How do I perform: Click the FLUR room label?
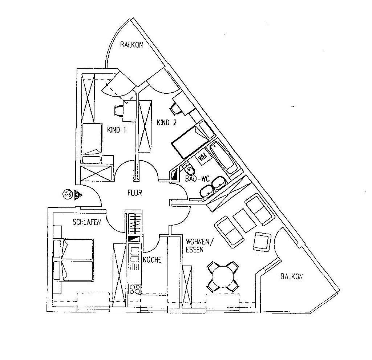tap(134, 194)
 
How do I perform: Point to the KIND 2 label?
tap(166, 123)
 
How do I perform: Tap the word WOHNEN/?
tap(198, 241)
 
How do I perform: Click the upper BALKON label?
tap(132, 45)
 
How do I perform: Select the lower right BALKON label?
tap(291, 276)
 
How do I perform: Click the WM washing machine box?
tap(202, 157)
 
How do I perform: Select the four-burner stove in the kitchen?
tap(135, 289)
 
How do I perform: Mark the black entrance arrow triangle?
tap(78, 195)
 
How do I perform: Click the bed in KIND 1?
tap(91, 139)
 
